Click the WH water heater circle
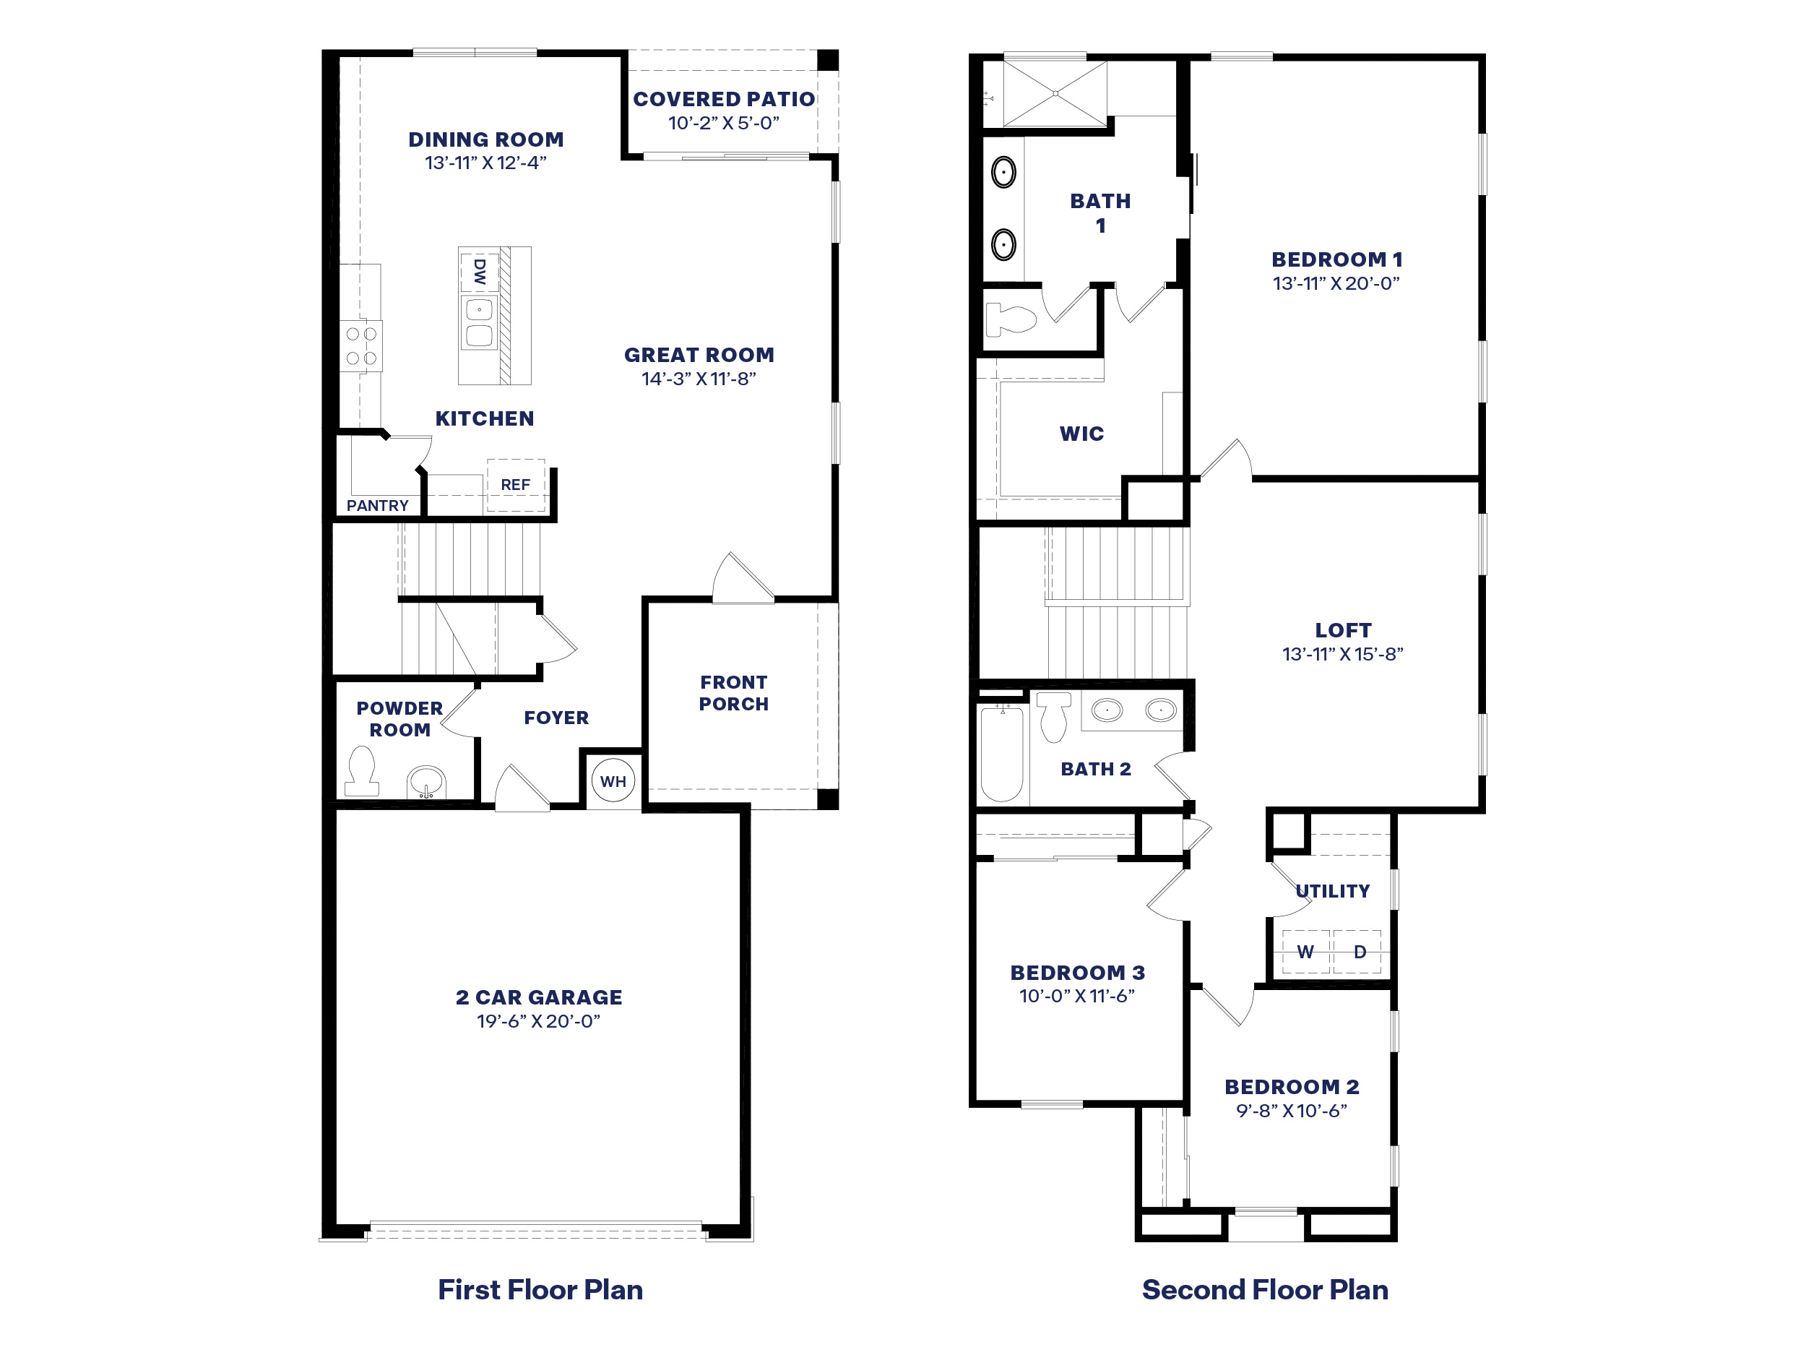[x=613, y=780]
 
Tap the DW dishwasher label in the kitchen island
[x=479, y=272]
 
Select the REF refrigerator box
[x=515, y=485]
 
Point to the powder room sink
[x=426, y=783]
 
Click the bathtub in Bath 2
[x=1002, y=754]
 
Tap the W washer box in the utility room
[x=1305, y=952]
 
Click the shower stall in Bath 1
[x=1055, y=94]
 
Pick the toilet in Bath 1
[x=1011, y=319]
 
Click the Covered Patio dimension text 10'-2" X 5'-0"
[x=723, y=124]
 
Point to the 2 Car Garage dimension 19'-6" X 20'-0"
[x=539, y=1021]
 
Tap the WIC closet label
[x=1082, y=434]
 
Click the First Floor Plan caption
[x=540, y=1290]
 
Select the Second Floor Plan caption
[x=1265, y=1290]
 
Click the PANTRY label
[x=377, y=506]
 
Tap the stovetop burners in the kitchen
[x=362, y=345]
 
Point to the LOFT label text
[x=1343, y=631]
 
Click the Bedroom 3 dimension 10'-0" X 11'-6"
[x=1077, y=996]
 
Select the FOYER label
[x=556, y=718]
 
